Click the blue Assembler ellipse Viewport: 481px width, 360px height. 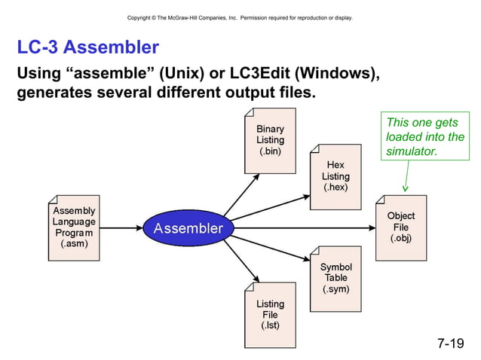tap(188, 228)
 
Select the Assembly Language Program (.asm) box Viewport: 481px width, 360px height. tap(74, 228)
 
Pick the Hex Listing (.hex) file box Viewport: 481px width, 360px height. tap(335, 176)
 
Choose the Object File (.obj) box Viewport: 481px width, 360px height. tap(400, 227)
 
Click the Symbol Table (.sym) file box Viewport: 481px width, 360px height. tap(335, 278)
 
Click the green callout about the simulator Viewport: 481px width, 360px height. tap(424, 137)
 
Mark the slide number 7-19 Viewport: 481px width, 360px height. tap(450, 344)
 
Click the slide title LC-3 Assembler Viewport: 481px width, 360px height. tap(87, 48)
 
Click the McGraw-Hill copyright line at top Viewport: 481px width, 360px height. tap(240, 17)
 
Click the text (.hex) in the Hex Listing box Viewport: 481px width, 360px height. tap(335, 187)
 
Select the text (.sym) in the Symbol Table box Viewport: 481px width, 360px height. tap(335, 288)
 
